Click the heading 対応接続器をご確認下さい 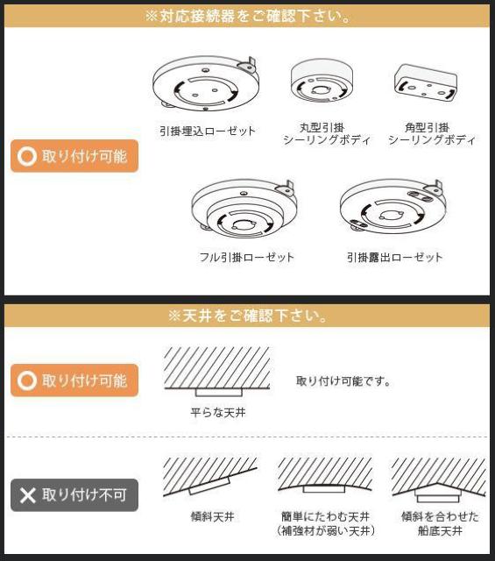click(x=247, y=17)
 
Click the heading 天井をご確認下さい click(x=247, y=316)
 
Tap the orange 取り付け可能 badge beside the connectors click(x=74, y=157)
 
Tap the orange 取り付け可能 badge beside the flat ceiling click(x=74, y=381)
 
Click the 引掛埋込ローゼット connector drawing click(x=207, y=86)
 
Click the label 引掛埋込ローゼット click(x=207, y=131)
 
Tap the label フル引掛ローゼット click(x=246, y=258)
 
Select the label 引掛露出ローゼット click(x=394, y=258)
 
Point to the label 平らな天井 click(x=218, y=412)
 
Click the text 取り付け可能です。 click(x=343, y=381)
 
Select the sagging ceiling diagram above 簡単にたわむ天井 click(x=325, y=477)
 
